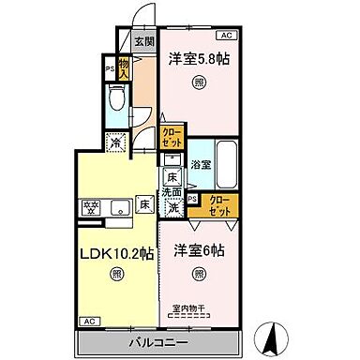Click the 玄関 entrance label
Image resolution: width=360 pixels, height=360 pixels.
[x=142, y=40]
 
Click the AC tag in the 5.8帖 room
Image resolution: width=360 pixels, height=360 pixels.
[x=223, y=35]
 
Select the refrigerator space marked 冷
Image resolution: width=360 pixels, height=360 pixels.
[x=115, y=142]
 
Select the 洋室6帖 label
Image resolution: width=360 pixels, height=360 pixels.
[x=199, y=251]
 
